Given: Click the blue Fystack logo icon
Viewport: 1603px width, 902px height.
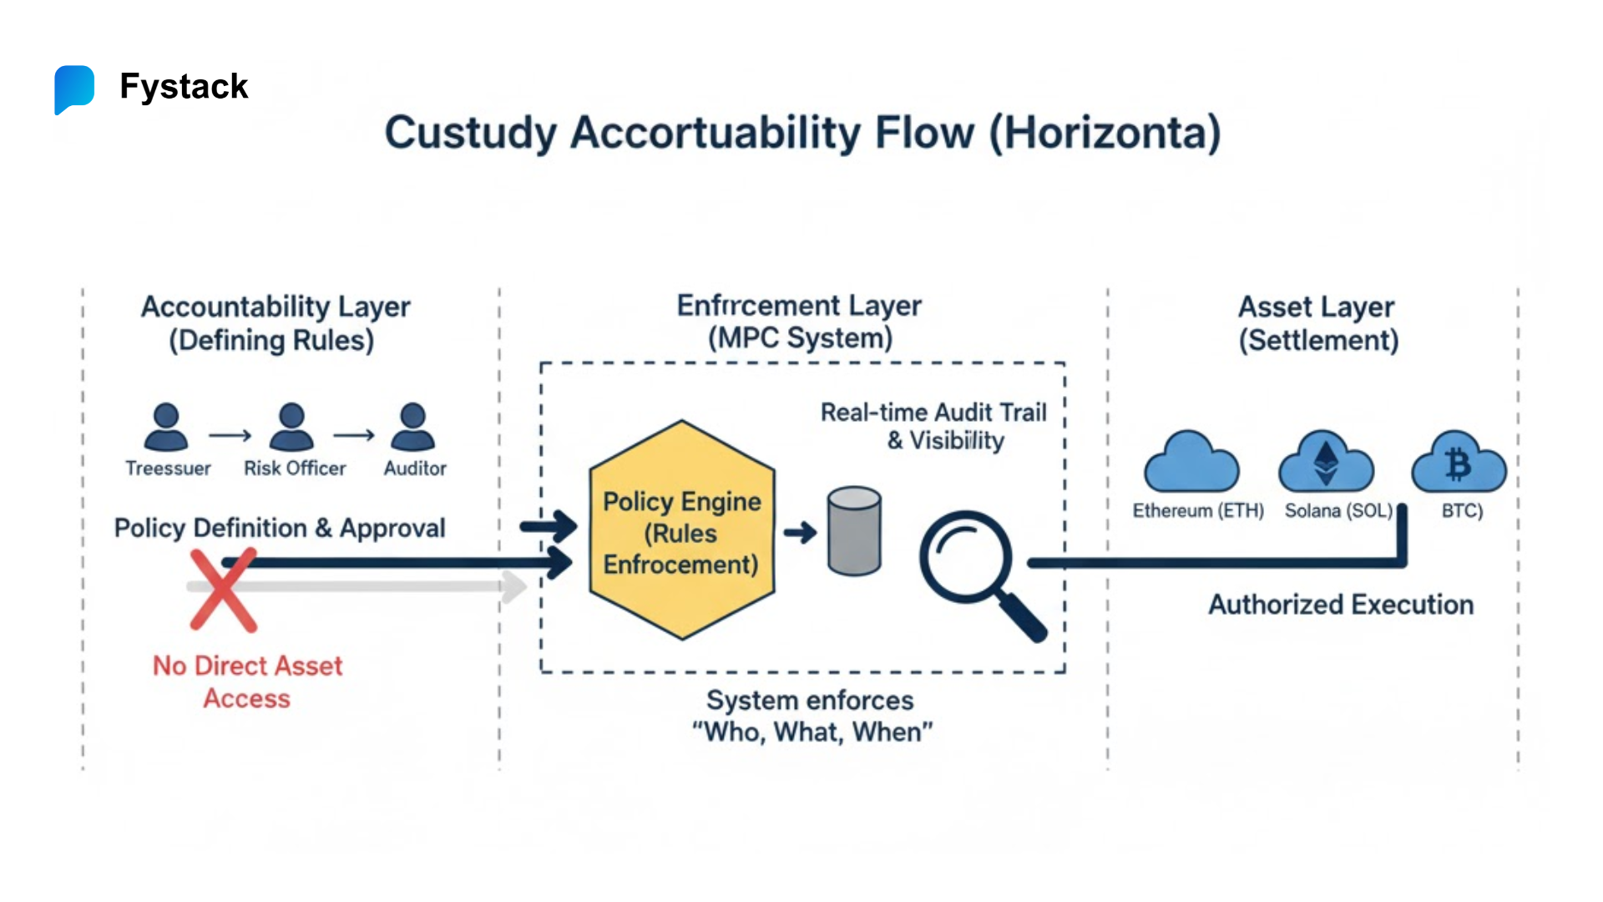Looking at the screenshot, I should [x=74, y=89].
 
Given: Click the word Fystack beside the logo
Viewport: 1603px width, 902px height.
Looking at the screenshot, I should [x=184, y=87].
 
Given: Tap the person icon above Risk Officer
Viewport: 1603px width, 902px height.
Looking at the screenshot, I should [x=291, y=427].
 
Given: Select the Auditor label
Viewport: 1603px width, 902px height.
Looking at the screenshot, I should [x=415, y=469].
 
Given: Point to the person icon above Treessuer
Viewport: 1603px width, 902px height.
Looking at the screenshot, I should [x=166, y=427].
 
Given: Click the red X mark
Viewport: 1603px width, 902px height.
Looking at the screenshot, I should [x=222, y=590].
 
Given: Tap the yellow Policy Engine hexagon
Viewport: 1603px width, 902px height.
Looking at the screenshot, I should [x=681, y=531].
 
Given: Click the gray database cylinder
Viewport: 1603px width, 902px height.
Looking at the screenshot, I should [x=854, y=531].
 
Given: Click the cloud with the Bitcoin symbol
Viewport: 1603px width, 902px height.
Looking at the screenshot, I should [x=1458, y=464].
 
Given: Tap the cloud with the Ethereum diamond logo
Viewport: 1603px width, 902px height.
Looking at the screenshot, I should [x=1326, y=464].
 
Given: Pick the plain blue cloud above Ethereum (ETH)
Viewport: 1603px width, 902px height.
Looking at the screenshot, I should [x=1191, y=464].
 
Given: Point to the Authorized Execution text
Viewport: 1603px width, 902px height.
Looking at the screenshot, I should [x=1341, y=605].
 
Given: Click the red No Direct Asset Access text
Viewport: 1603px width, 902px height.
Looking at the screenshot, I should [x=247, y=682].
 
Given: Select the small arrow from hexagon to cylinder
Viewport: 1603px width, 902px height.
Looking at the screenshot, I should [x=800, y=532].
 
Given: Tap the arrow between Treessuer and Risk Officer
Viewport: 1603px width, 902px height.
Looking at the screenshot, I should [x=230, y=435].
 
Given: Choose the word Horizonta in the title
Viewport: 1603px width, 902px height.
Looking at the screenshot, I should [x=1106, y=134].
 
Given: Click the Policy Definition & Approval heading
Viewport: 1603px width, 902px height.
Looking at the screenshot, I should [x=280, y=528].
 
